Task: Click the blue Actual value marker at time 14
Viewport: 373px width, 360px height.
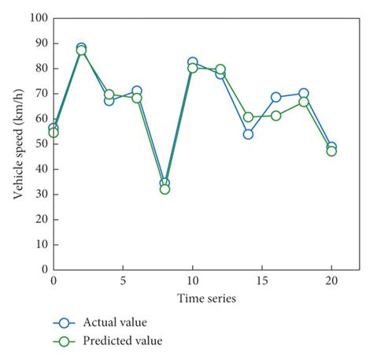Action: [248, 134]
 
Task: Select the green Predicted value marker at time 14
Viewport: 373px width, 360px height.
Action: [248, 117]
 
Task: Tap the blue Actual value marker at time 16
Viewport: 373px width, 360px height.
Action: [276, 97]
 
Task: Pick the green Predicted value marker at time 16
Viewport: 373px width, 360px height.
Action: [276, 116]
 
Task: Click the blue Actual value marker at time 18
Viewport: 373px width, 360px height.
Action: [304, 94]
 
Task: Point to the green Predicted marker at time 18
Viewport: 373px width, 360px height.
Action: [304, 102]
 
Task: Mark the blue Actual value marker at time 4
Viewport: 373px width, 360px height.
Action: [109, 100]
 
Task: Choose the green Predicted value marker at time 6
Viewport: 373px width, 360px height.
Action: [137, 98]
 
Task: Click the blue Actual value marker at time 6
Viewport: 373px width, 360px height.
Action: [137, 91]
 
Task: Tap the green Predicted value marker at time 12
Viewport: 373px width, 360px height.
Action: [220, 69]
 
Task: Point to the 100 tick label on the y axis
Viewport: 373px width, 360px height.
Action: [38, 17]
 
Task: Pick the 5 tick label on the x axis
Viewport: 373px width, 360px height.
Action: [123, 281]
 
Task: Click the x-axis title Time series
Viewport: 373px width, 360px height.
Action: [206, 298]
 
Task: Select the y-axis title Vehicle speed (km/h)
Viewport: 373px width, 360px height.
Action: [17, 143]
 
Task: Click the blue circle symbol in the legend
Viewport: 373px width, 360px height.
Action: [66, 322]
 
